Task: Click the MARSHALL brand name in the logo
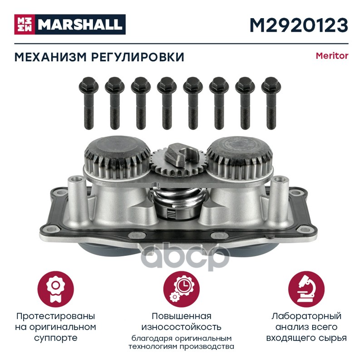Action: coord(80,25)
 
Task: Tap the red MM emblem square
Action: coord(25,25)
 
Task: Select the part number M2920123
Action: coord(299,25)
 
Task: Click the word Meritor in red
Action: coord(332,56)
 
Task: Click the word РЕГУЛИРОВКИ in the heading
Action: coord(138,57)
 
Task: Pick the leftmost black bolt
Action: coord(88,103)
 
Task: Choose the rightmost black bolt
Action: coord(271,103)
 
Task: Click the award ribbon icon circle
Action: coord(55,289)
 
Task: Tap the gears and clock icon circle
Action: coord(181,289)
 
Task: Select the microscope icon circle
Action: coord(306,289)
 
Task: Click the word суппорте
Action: coord(55,338)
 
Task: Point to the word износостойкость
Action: coord(181,327)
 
